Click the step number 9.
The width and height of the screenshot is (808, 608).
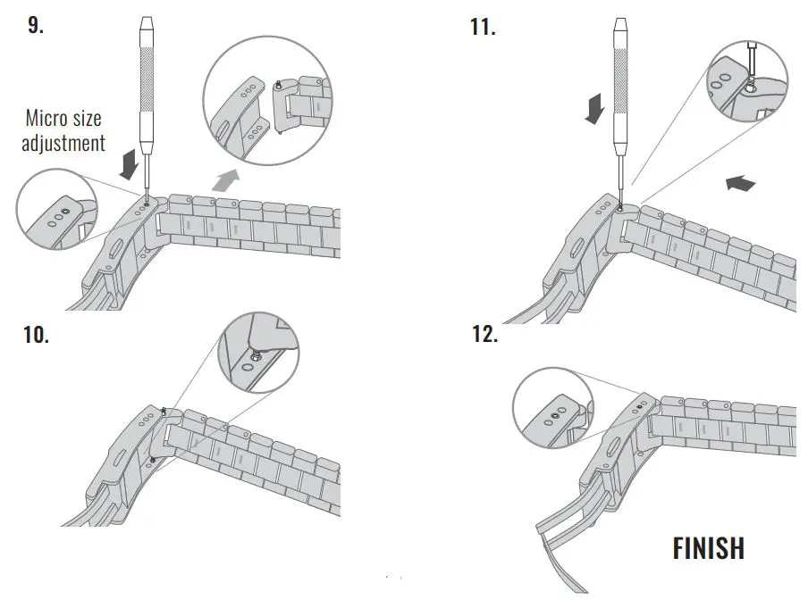click(x=35, y=25)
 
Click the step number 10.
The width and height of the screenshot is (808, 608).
click(x=36, y=336)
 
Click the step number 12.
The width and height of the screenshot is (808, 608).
click(x=484, y=336)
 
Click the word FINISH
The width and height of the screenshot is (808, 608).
click(x=708, y=547)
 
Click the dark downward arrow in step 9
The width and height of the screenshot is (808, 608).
click(x=130, y=165)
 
